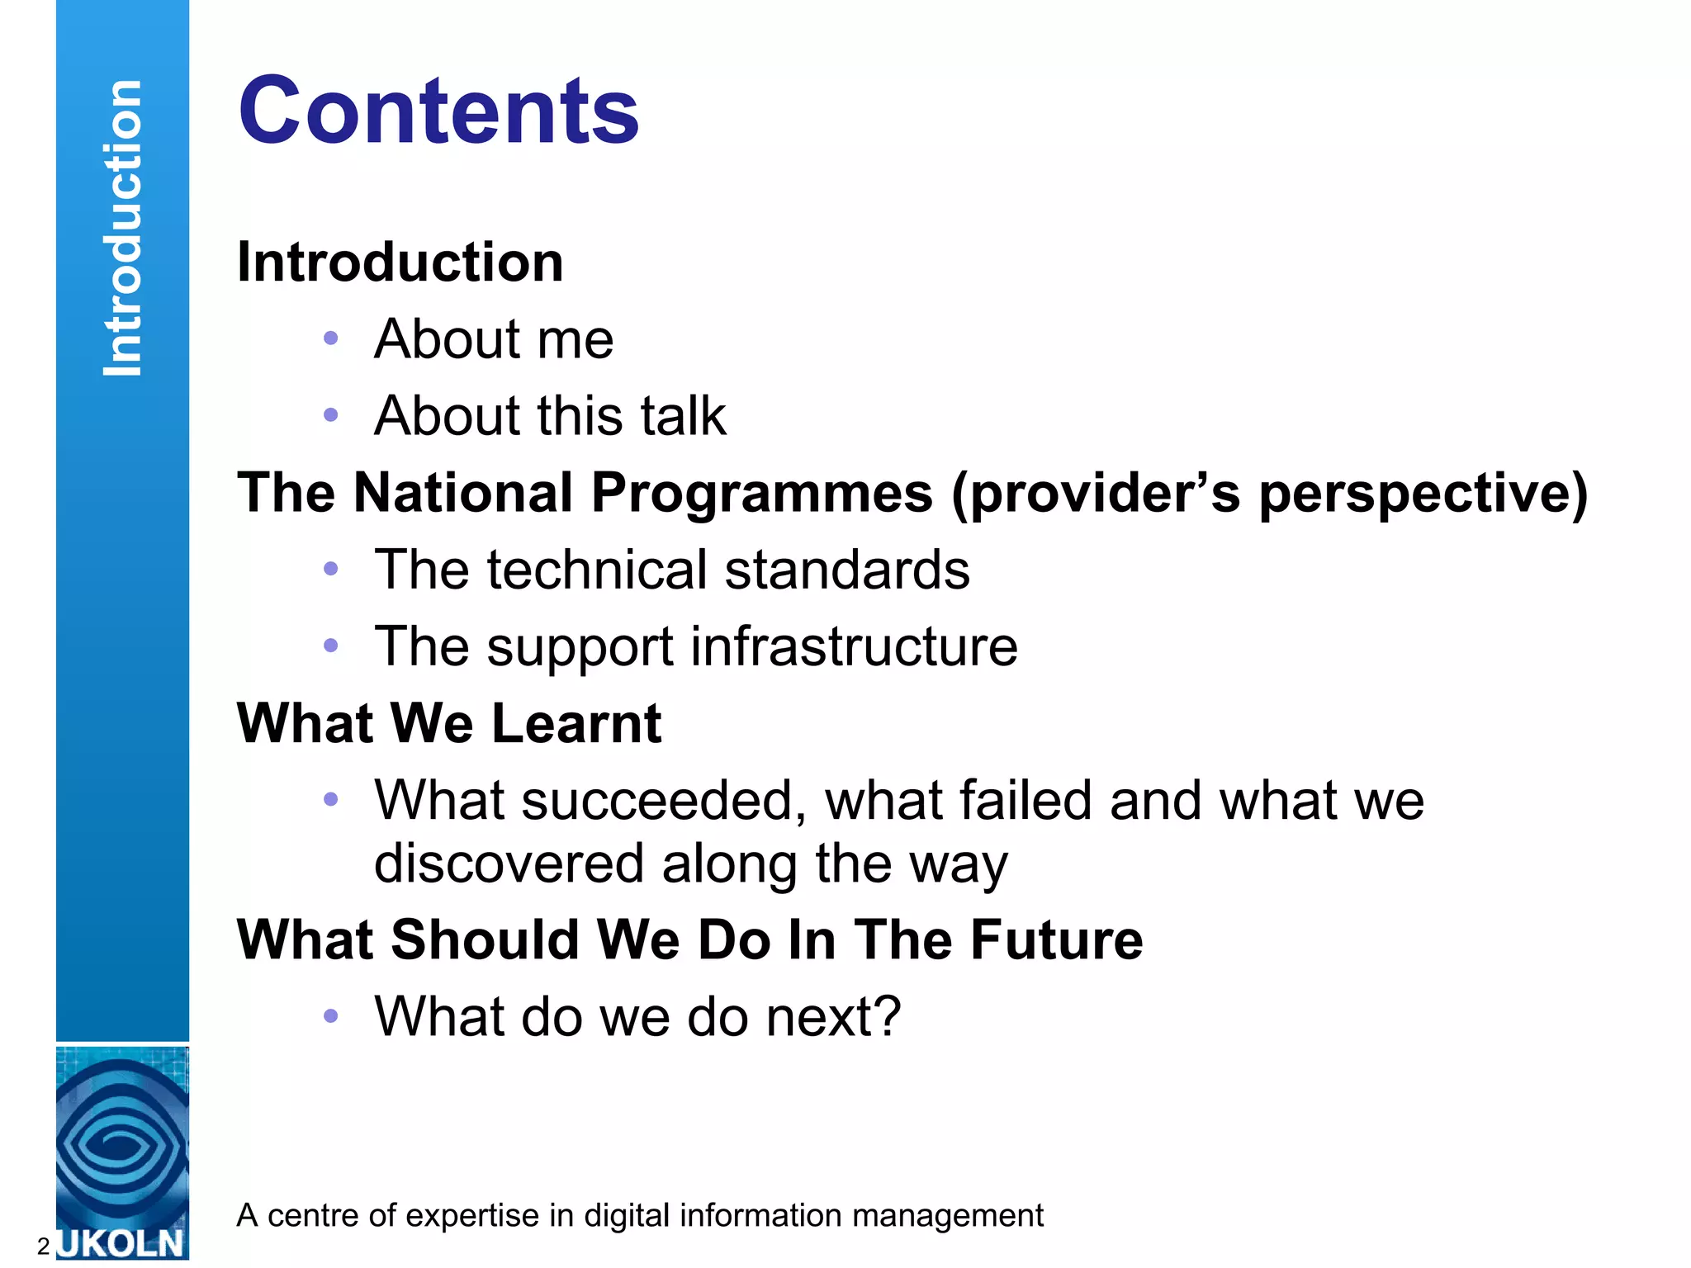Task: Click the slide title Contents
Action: tap(438, 111)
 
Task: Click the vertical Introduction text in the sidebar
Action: tap(122, 229)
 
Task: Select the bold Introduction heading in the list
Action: tap(400, 263)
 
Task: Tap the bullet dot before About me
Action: tap(331, 338)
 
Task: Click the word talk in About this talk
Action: tap(683, 415)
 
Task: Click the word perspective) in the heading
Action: tap(1423, 494)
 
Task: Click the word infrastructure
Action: tap(854, 646)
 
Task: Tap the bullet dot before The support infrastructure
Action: tap(331, 646)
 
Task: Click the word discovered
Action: tap(509, 864)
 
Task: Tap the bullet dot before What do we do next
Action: tap(331, 1016)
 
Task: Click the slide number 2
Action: tap(44, 1246)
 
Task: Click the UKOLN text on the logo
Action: tap(121, 1243)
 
